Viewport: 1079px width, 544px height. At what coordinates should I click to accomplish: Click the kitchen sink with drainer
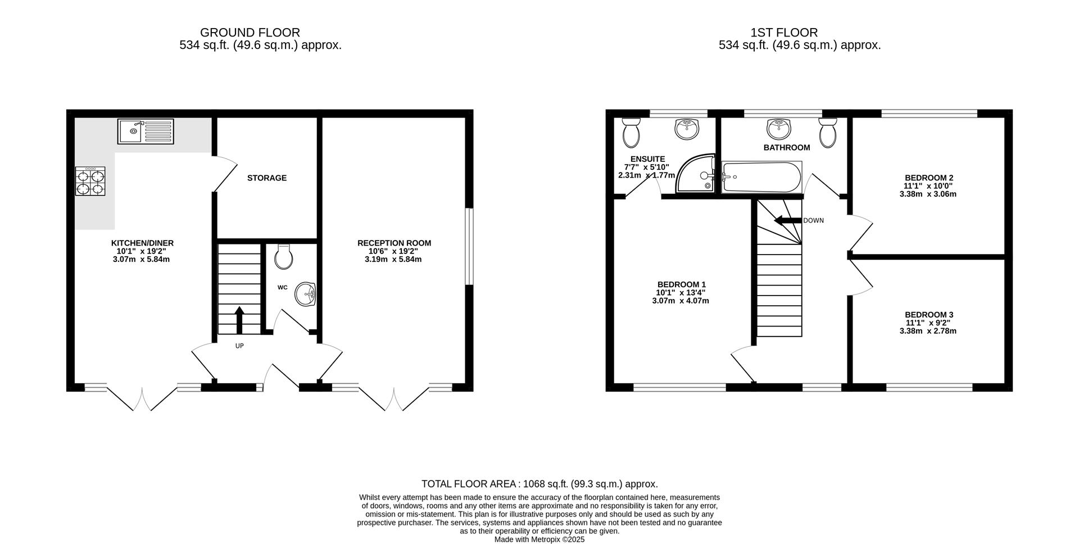(x=146, y=131)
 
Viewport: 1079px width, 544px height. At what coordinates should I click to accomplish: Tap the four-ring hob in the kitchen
(x=90, y=181)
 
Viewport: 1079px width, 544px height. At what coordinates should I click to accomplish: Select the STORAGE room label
(x=267, y=178)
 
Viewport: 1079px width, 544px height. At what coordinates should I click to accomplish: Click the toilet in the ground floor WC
(x=284, y=257)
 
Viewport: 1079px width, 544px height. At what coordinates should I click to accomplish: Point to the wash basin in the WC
(x=307, y=294)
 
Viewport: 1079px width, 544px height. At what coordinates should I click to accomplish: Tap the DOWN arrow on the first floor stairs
(x=787, y=220)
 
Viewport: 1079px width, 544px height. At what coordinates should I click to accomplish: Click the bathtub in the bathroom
(x=761, y=177)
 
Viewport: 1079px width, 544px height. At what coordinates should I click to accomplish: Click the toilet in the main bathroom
(x=828, y=134)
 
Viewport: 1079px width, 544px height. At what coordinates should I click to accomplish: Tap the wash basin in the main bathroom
(x=779, y=129)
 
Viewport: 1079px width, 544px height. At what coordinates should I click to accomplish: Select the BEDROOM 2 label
(x=928, y=178)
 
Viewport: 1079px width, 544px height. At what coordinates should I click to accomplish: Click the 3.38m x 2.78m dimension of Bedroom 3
(x=928, y=331)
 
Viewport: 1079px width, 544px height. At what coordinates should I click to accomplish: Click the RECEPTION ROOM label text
(x=394, y=243)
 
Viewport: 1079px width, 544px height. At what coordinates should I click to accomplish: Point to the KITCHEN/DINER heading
(x=142, y=243)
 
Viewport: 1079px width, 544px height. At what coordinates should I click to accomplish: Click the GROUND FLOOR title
(x=250, y=33)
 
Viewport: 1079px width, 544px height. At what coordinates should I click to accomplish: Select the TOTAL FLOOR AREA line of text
(x=539, y=484)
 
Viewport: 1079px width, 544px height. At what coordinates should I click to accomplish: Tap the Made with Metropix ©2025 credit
(x=539, y=540)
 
